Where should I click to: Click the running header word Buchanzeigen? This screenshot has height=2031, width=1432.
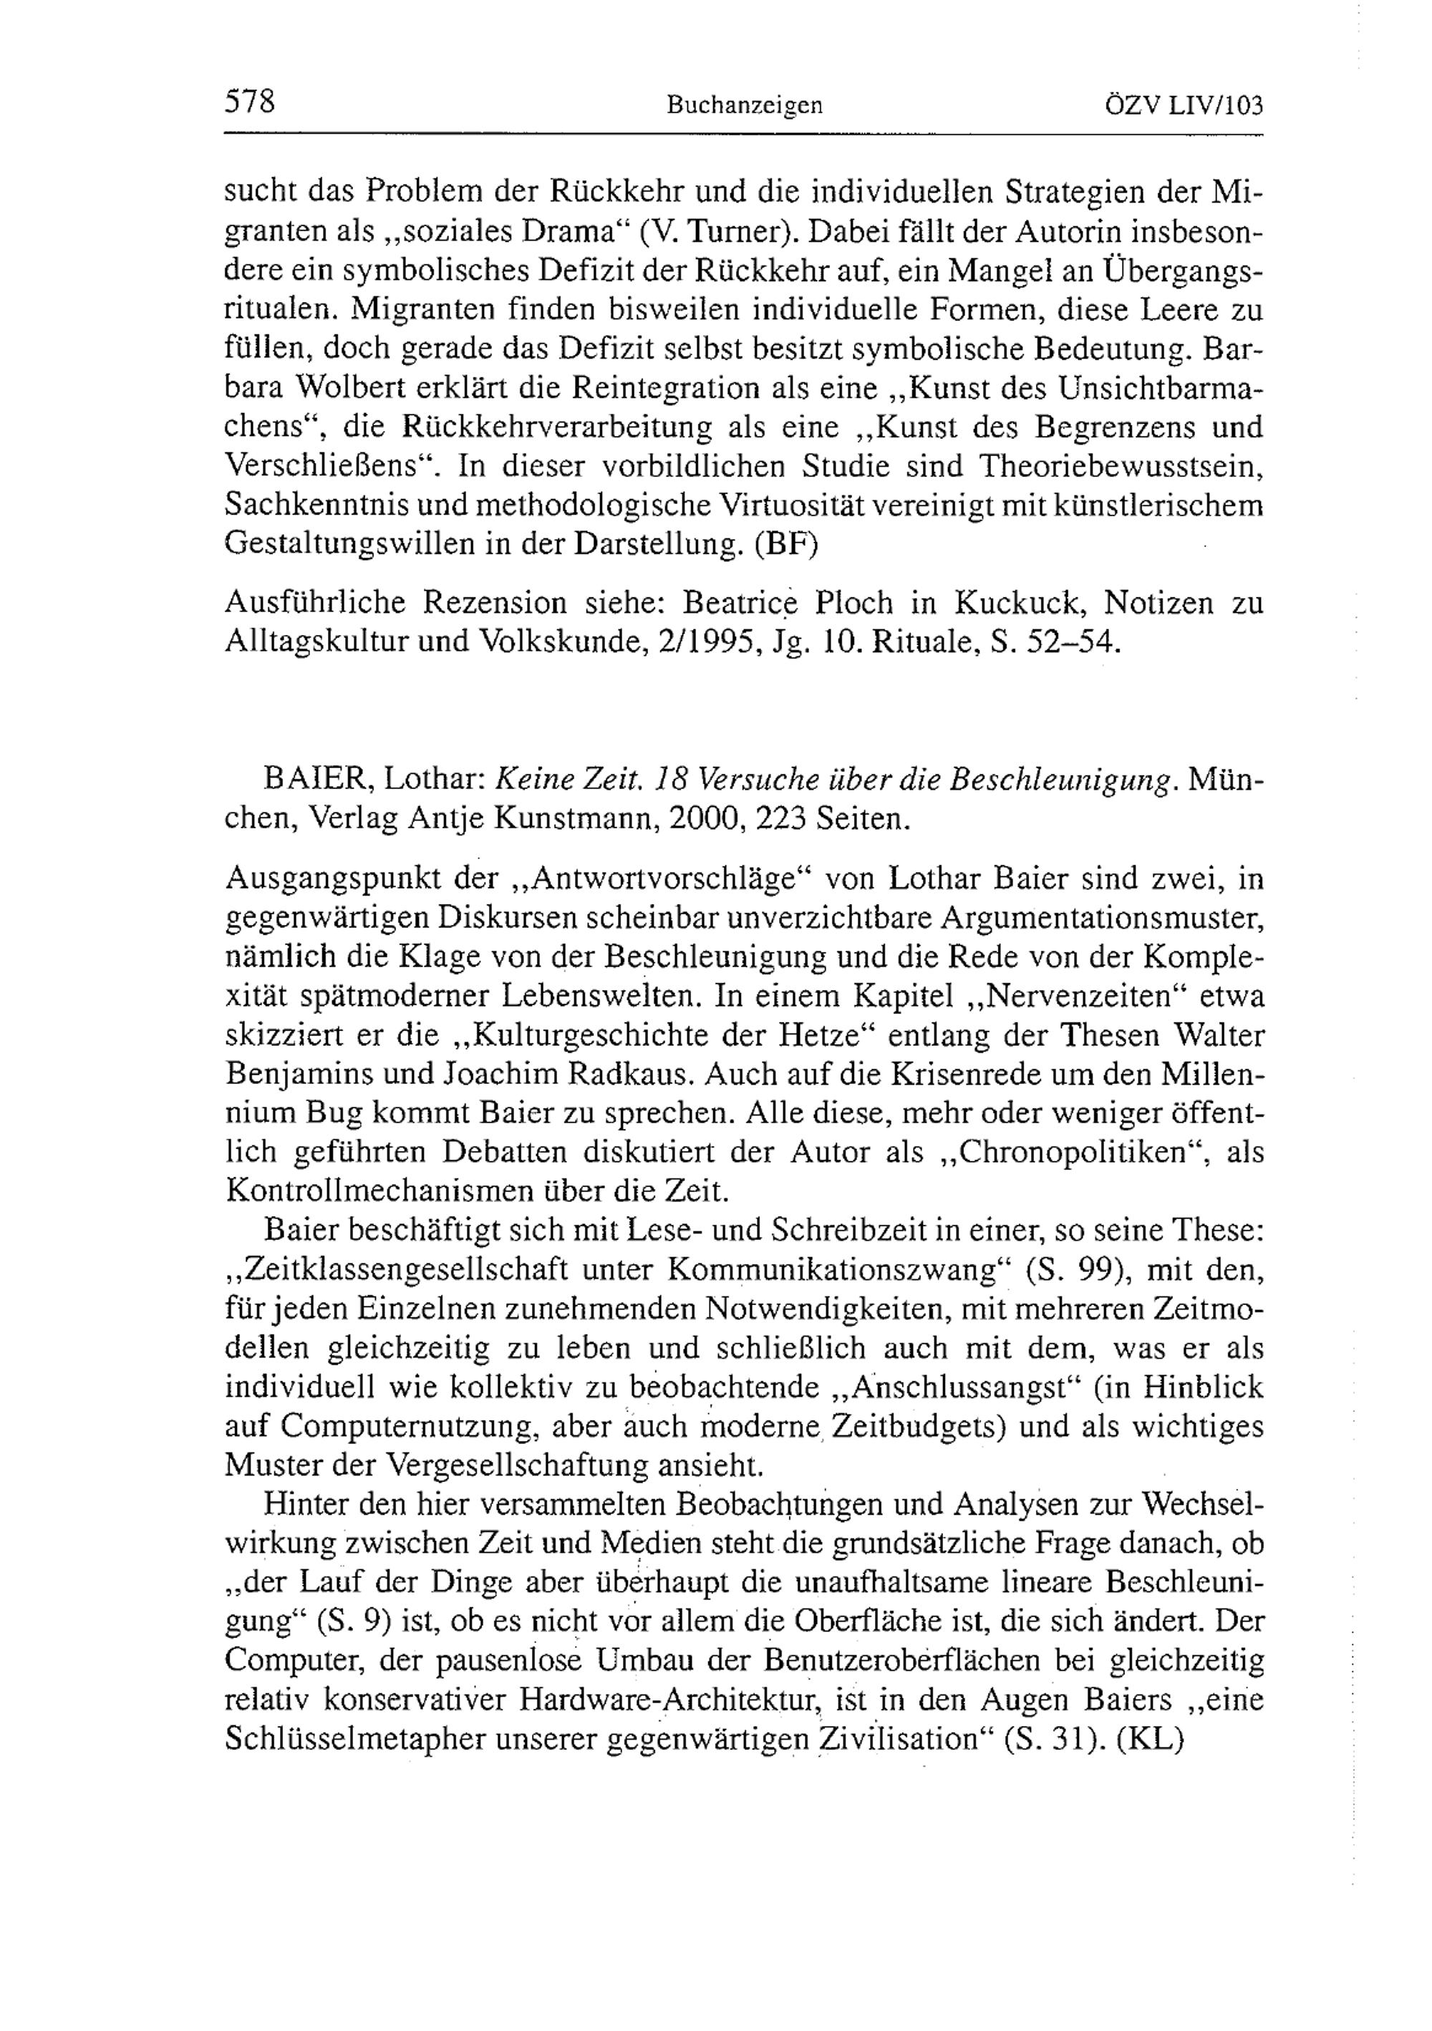click(745, 106)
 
